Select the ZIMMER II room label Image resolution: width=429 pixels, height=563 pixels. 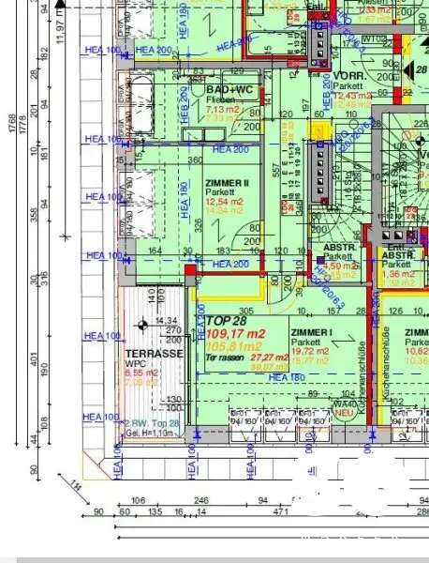pyautogui.click(x=226, y=185)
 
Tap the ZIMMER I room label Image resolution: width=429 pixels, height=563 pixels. pyautogui.click(x=312, y=333)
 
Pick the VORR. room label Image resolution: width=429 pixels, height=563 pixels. pyautogui.click(x=348, y=75)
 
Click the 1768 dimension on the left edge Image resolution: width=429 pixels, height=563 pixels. pyautogui.click(x=10, y=136)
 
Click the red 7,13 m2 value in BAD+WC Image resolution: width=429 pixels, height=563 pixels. pyautogui.click(x=221, y=109)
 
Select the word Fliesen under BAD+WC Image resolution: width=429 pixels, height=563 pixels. pyautogui.click(x=220, y=99)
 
